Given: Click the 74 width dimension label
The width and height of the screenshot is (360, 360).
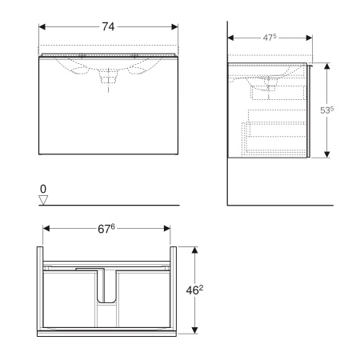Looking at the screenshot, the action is click(x=108, y=26).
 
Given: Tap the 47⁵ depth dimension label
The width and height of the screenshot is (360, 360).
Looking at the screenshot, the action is click(x=270, y=38).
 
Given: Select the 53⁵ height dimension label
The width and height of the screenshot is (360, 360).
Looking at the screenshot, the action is click(x=326, y=110).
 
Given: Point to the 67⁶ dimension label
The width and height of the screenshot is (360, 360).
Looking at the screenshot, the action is click(x=106, y=229).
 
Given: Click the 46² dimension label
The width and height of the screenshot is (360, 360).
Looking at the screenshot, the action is click(x=194, y=290).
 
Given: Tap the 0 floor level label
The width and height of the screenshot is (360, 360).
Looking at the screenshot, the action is click(x=43, y=189).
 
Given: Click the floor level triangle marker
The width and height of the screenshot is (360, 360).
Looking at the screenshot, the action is click(x=43, y=200).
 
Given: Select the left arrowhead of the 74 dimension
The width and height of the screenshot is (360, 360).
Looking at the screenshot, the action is click(x=42, y=26).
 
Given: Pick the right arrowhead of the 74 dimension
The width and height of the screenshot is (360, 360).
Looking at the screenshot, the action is click(x=174, y=26).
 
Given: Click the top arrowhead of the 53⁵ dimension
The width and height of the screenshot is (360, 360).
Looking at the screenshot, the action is click(x=327, y=66).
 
